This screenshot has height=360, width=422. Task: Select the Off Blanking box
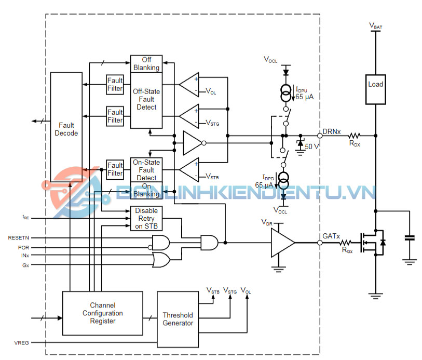click(146, 64)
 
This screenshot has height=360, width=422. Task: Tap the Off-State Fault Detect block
click(146, 99)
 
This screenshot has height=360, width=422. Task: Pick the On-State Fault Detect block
click(146, 170)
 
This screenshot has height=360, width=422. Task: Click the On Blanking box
click(146, 190)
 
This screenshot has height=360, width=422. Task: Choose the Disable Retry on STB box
click(146, 218)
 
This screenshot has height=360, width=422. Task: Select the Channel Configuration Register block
click(102, 313)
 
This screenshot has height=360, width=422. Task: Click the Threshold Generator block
click(178, 318)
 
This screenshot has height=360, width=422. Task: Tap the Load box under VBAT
click(375, 85)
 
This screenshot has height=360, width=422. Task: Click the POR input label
click(23, 248)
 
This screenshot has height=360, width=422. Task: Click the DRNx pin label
click(331, 131)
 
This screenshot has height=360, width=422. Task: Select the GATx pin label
click(331, 236)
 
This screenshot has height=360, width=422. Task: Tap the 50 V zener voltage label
click(312, 146)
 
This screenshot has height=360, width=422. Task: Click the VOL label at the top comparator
click(211, 91)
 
